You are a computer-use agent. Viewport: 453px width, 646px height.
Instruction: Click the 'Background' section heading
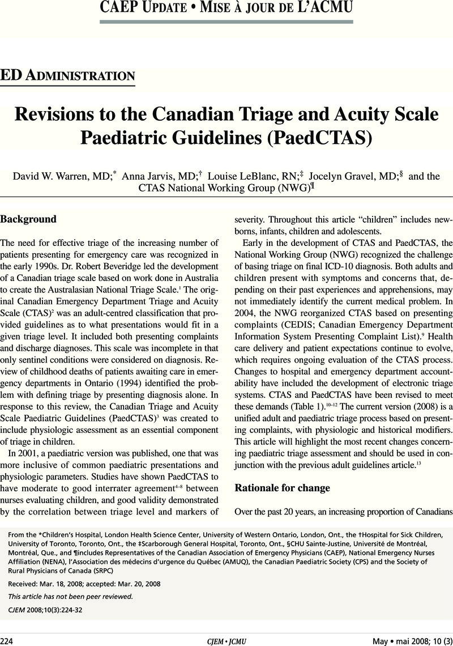pyautogui.click(x=28, y=219)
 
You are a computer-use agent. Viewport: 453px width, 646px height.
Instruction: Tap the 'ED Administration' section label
pyautogui.click(x=67, y=75)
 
